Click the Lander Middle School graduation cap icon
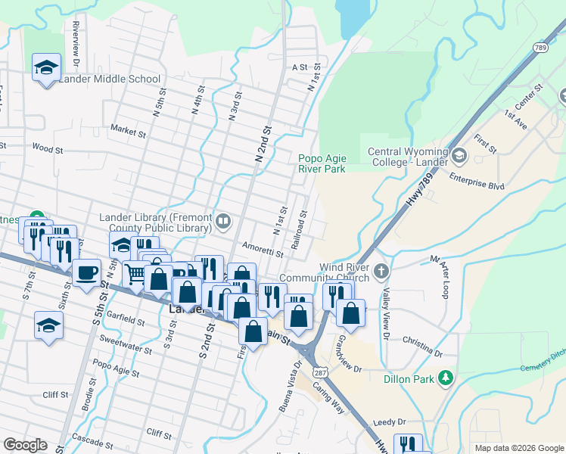pyautogui.click(x=47, y=67)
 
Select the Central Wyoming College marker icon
pyautogui.click(x=459, y=157)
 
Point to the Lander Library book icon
pyautogui.click(x=223, y=222)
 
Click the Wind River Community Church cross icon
pyautogui.click(x=381, y=270)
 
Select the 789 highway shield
pyautogui.click(x=540, y=48)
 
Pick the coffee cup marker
pyautogui.click(x=86, y=272)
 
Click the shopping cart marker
pyautogui.click(x=135, y=273)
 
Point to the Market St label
pyautogui.click(x=128, y=131)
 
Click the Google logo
pyautogui.click(x=25, y=444)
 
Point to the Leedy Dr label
pyautogui.click(x=390, y=421)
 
